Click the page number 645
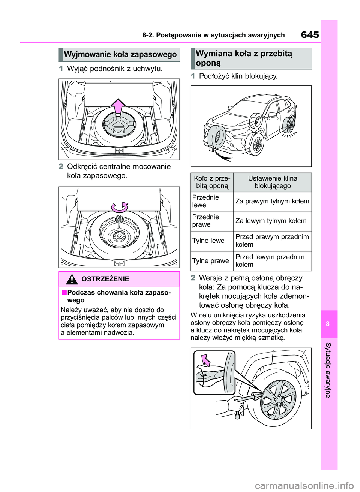pos(310,35)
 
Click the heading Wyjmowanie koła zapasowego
pos(120,55)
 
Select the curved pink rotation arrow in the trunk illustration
pos(120,207)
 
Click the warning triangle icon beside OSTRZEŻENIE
pos(72,279)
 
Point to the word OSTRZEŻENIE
pos(105,279)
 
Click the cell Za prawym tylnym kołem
pos(272,202)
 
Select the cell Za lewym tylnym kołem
pos(271,221)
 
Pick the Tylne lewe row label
pos(208,241)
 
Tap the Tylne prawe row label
pos(210,261)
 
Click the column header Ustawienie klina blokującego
pos(272,182)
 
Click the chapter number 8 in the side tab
pos(328,324)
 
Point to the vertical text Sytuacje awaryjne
pos(328,370)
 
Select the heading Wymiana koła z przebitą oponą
pos(244,58)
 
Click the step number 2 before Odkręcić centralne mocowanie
pos(61,167)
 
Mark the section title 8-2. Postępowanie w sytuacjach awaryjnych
pos(213,35)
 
